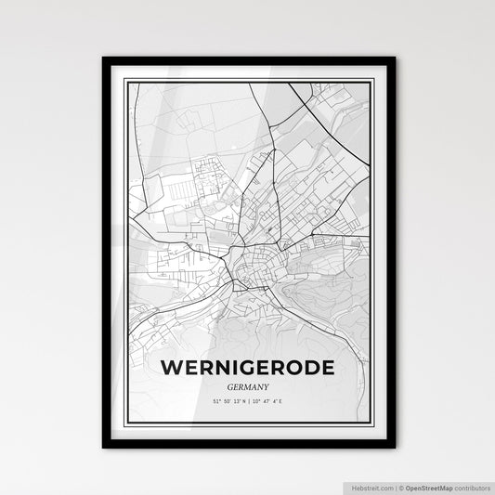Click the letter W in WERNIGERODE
(x=171, y=369)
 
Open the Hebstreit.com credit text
(x=371, y=486)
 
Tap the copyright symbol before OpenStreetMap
(x=400, y=486)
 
